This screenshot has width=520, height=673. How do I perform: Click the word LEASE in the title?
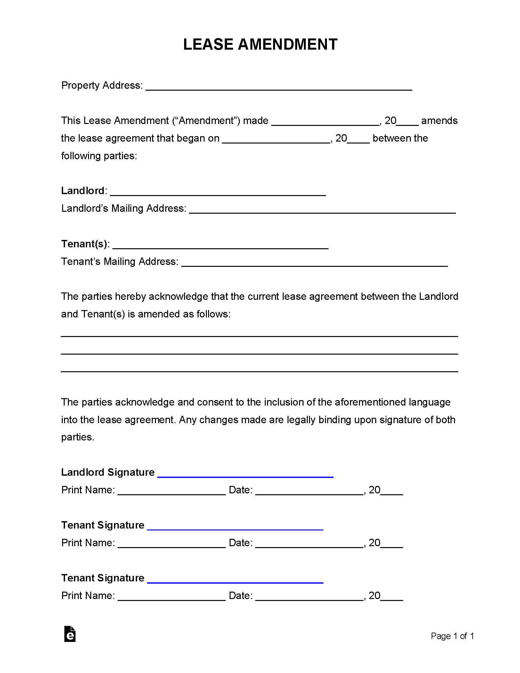click(x=208, y=45)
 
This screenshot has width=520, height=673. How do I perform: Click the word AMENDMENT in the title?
click(x=287, y=45)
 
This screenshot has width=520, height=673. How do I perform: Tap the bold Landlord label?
click(x=83, y=191)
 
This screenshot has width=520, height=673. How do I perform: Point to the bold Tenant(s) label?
click(x=84, y=244)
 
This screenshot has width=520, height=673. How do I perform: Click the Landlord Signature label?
click(x=108, y=472)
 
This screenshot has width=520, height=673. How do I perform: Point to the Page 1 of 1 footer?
click(x=452, y=636)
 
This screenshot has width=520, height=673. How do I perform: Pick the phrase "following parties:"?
click(x=99, y=156)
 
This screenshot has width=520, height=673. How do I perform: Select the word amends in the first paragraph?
click(x=439, y=121)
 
